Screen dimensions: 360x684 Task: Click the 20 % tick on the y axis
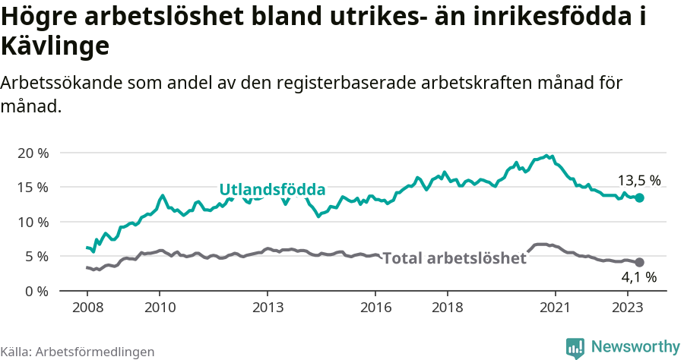(33, 153)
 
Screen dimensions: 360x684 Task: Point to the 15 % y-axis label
(33, 187)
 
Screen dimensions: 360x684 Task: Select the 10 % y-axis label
(33, 222)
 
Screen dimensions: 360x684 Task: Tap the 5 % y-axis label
(36, 256)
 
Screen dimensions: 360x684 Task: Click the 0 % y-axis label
(36, 291)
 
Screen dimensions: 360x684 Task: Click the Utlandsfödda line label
(272, 190)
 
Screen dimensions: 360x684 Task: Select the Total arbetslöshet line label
(454, 258)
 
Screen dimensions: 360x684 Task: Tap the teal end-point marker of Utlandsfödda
(639, 197)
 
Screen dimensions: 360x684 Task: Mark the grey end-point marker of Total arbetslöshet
(639, 262)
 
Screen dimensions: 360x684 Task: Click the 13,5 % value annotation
(638, 181)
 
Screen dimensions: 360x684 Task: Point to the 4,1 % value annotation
(638, 278)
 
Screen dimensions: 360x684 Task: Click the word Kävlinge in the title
(55, 46)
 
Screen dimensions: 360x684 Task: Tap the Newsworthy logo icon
(575, 347)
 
